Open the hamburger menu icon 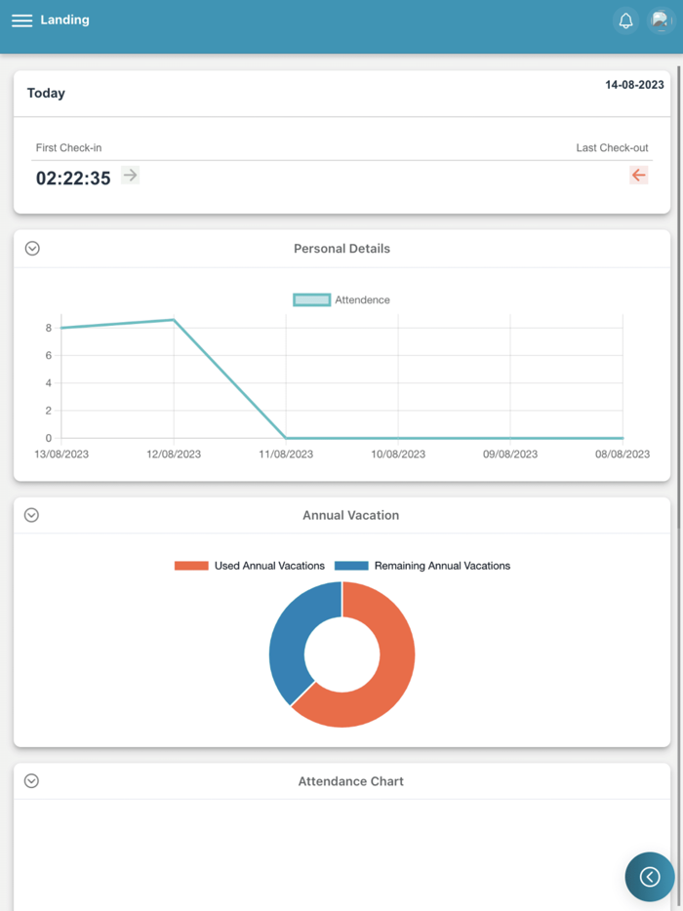(x=21, y=20)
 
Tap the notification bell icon (x=626, y=20)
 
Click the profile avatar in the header (x=661, y=20)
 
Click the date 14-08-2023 (x=634, y=85)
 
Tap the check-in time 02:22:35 (x=73, y=178)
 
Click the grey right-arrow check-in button (x=130, y=175)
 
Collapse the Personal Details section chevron (x=32, y=249)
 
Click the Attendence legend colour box (x=311, y=300)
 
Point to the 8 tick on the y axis (x=48, y=328)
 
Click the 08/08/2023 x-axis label (x=622, y=455)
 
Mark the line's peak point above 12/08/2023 (x=174, y=320)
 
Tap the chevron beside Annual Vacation (x=32, y=515)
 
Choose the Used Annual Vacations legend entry (x=250, y=566)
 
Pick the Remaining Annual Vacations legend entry (x=422, y=566)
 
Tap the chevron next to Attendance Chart (x=32, y=781)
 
